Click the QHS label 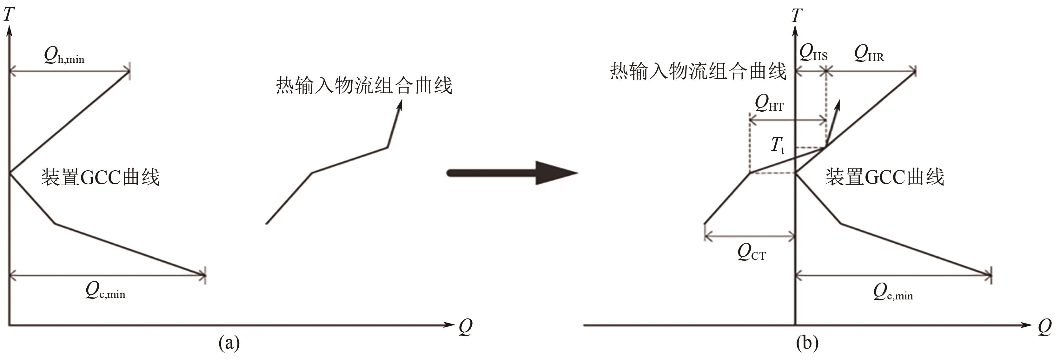click(813, 54)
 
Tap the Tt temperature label click(777, 146)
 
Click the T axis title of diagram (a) click(9, 15)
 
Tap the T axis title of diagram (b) click(796, 16)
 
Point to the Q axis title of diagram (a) click(465, 327)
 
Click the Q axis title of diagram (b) click(1044, 327)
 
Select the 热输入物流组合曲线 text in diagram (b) click(698, 71)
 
